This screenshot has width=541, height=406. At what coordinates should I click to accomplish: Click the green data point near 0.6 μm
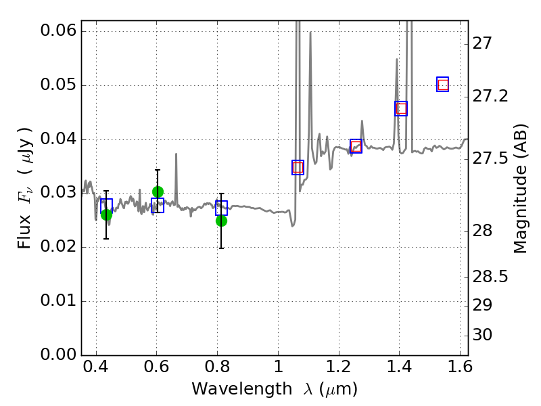pyautogui.click(x=158, y=191)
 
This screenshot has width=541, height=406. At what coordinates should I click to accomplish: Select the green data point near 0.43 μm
pyautogui.click(x=106, y=215)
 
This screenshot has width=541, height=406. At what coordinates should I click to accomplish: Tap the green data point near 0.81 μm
pyautogui.click(x=221, y=221)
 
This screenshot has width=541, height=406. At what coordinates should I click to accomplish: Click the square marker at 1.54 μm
pyautogui.click(x=443, y=85)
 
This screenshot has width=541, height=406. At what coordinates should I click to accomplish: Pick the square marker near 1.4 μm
pyautogui.click(x=401, y=108)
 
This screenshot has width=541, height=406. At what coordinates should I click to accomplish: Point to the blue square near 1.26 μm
pyautogui.click(x=356, y=145)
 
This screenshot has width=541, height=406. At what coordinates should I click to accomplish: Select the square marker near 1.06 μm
pyautogui.click(x=298, y=168)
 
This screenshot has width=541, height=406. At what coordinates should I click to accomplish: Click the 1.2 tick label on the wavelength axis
pyautogui.click(x=338, y=370)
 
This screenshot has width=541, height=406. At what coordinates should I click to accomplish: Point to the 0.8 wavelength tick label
pyautogui.click(x=217, y=370)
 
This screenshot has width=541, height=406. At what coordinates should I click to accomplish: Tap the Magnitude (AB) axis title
pyautogui.click(x=520, y=190)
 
